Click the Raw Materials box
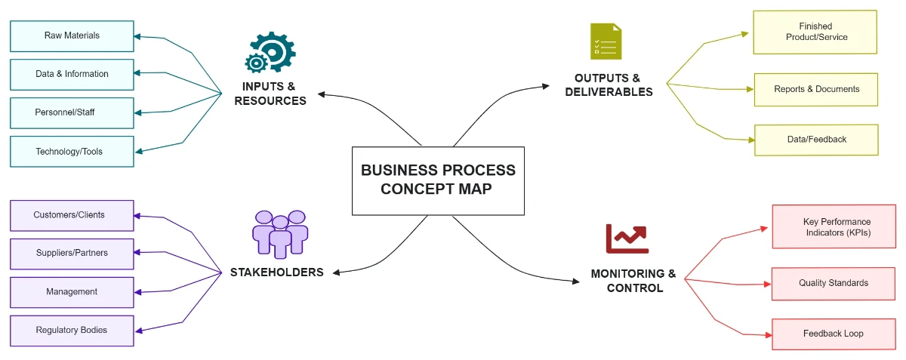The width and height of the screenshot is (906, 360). click(72, 35)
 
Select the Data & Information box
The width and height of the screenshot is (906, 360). click(72, 74)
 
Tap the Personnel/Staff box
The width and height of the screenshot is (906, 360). click(72, 112)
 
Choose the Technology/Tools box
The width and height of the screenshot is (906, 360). click(72, 152)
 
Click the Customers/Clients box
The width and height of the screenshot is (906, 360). click(72, 215)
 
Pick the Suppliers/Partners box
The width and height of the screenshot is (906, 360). click(72, 254)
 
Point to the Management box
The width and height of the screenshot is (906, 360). click(72, 292)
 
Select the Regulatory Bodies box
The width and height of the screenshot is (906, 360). click(72, 331)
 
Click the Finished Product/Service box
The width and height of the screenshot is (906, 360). click(815, 32)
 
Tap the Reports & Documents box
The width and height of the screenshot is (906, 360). click(816, 89)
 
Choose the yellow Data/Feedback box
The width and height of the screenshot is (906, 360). click(816, 140)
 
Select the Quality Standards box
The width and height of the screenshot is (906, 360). click(834, 283)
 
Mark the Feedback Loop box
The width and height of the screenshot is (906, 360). click(834, 334)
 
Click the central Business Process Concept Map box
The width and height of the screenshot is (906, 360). click(438, 180)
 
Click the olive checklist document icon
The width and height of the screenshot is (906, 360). click(606, 42)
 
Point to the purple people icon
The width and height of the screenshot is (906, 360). click(280, 234)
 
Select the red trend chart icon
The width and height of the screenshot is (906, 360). click(627, 239)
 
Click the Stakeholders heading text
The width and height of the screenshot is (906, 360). click(276, 272)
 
